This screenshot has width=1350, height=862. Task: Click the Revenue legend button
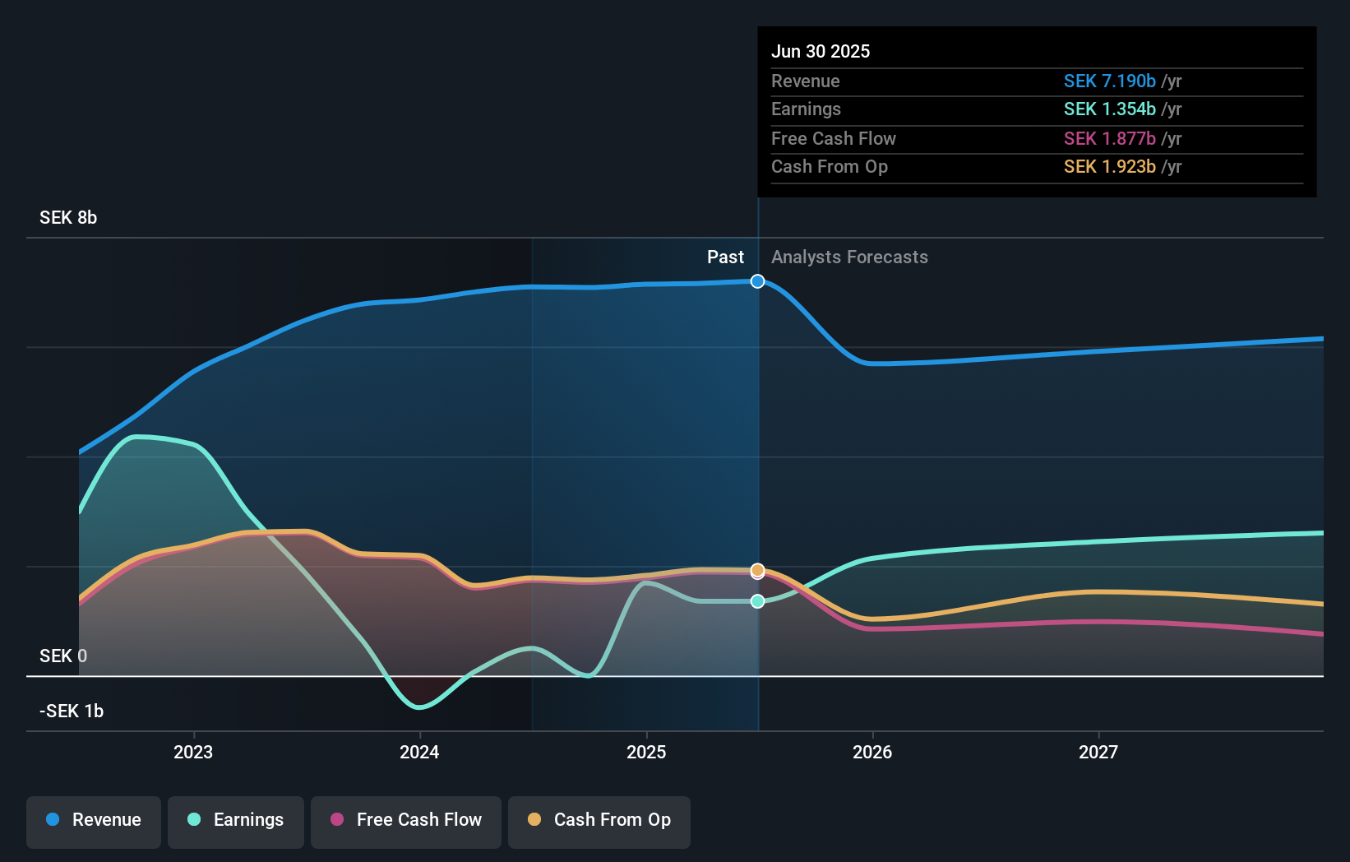coord(94,820)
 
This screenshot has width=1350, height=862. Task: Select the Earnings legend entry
coord(236,820)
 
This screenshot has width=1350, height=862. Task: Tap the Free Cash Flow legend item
coord(406,820)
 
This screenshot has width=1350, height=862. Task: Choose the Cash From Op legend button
coord(599,820)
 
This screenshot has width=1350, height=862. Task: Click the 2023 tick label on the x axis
coord(193,752)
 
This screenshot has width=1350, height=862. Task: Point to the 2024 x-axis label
coord(419,752)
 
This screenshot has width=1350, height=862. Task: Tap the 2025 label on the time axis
coord(646,752)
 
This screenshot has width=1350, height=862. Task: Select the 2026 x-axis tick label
coord(872,752)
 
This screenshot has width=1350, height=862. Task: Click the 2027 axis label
coord(1098,752)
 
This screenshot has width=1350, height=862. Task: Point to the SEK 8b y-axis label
coord(68,218)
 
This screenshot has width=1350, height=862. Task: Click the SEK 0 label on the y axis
coord(63,656)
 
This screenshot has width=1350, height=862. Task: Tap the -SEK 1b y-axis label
coord(72,711)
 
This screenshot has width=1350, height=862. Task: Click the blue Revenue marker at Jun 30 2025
coord(757,281)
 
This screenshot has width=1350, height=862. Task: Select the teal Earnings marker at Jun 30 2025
coord(757,601)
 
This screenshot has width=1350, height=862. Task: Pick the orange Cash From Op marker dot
coord(757,569)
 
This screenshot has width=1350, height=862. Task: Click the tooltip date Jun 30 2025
coord(820,51)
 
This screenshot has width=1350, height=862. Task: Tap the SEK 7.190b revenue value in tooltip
coord(1109,81)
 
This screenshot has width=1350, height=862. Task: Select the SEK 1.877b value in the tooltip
coord(1109,138)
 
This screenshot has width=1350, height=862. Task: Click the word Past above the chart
coord(725,257)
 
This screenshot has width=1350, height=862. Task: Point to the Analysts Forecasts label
coord(849,257)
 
